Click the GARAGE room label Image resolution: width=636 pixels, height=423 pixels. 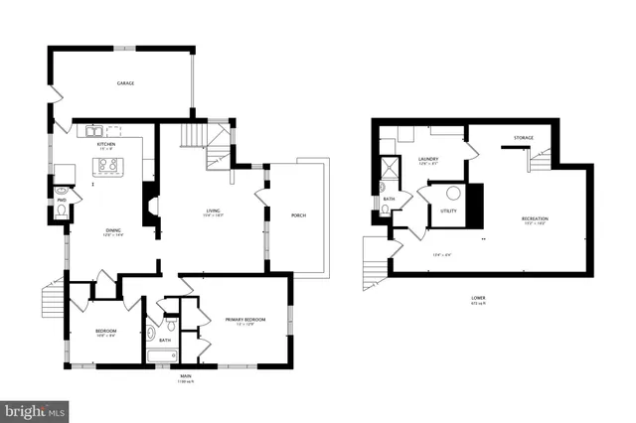[x=125, y=83]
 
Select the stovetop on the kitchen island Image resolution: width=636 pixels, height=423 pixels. [x=108, y=166]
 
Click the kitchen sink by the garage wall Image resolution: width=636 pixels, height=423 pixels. [x=91, y=130]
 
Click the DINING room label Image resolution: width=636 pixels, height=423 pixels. [x=114, y=230]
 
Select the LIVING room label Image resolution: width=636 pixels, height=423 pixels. [x=213, y=211]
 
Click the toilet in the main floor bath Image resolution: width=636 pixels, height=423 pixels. [x=171, y=325]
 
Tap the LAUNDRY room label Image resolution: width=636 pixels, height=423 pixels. [x=428, y=158]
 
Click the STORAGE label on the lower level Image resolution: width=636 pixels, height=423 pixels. [x=524, y=137]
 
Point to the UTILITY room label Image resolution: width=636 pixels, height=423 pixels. [x=448, y=211]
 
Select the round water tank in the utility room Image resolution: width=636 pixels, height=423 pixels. [x=453, y=194]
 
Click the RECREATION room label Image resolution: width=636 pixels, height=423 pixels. [x=535, y=217]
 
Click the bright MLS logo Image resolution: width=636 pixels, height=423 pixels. [x=36, y=409]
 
